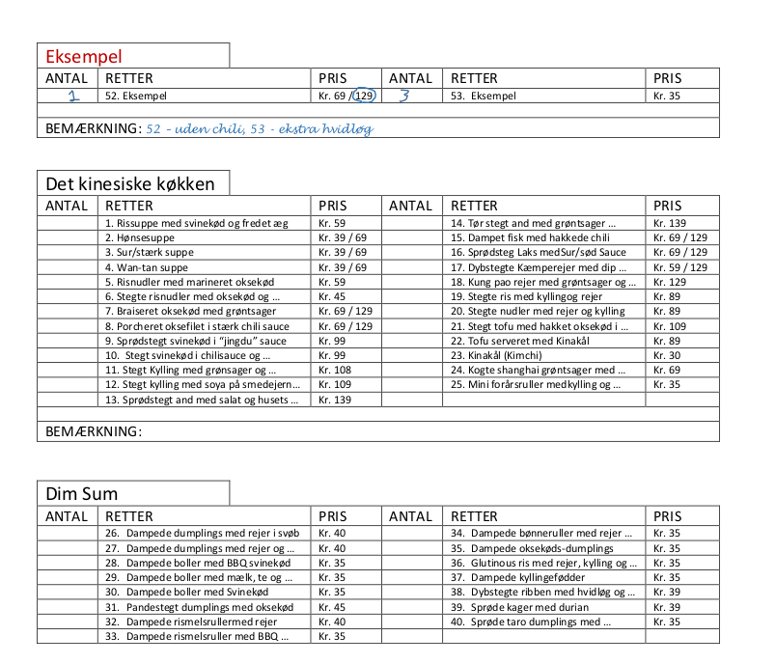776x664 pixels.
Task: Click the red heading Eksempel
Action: [x=84, y=56]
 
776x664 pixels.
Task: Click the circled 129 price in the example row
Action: [x=364, y=96]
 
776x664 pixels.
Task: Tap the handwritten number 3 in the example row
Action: [x=404, y=96]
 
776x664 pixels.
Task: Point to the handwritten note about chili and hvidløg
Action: [x=259, y=128]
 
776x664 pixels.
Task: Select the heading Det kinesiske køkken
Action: [x=130, y=182]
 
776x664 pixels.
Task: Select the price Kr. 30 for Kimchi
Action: [x=666, y=355]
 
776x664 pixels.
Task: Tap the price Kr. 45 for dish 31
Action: [x=332, y=607]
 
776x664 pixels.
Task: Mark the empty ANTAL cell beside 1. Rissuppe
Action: [x=68, y=223]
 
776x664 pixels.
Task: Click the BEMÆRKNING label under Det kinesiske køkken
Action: [x=94, y=431]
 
